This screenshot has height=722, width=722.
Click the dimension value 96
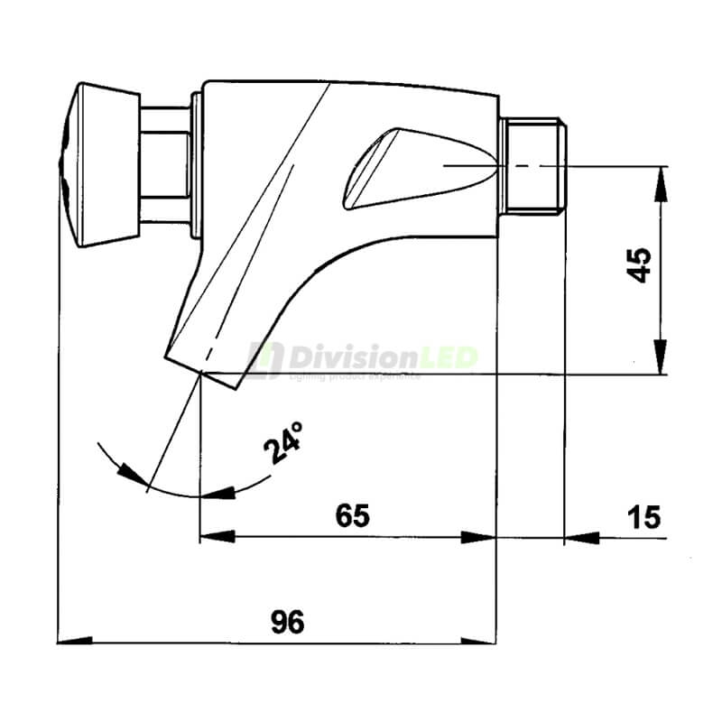click(288, 622)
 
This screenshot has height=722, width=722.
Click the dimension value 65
click(353, 516)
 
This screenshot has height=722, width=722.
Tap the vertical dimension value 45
click(640, 266)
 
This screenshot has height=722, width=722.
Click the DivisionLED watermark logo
click(361, 359)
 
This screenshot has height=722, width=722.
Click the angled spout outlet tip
click(203, 370)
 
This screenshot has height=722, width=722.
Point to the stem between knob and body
click(168, 164)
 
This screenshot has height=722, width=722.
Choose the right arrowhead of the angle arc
click(220, 493)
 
